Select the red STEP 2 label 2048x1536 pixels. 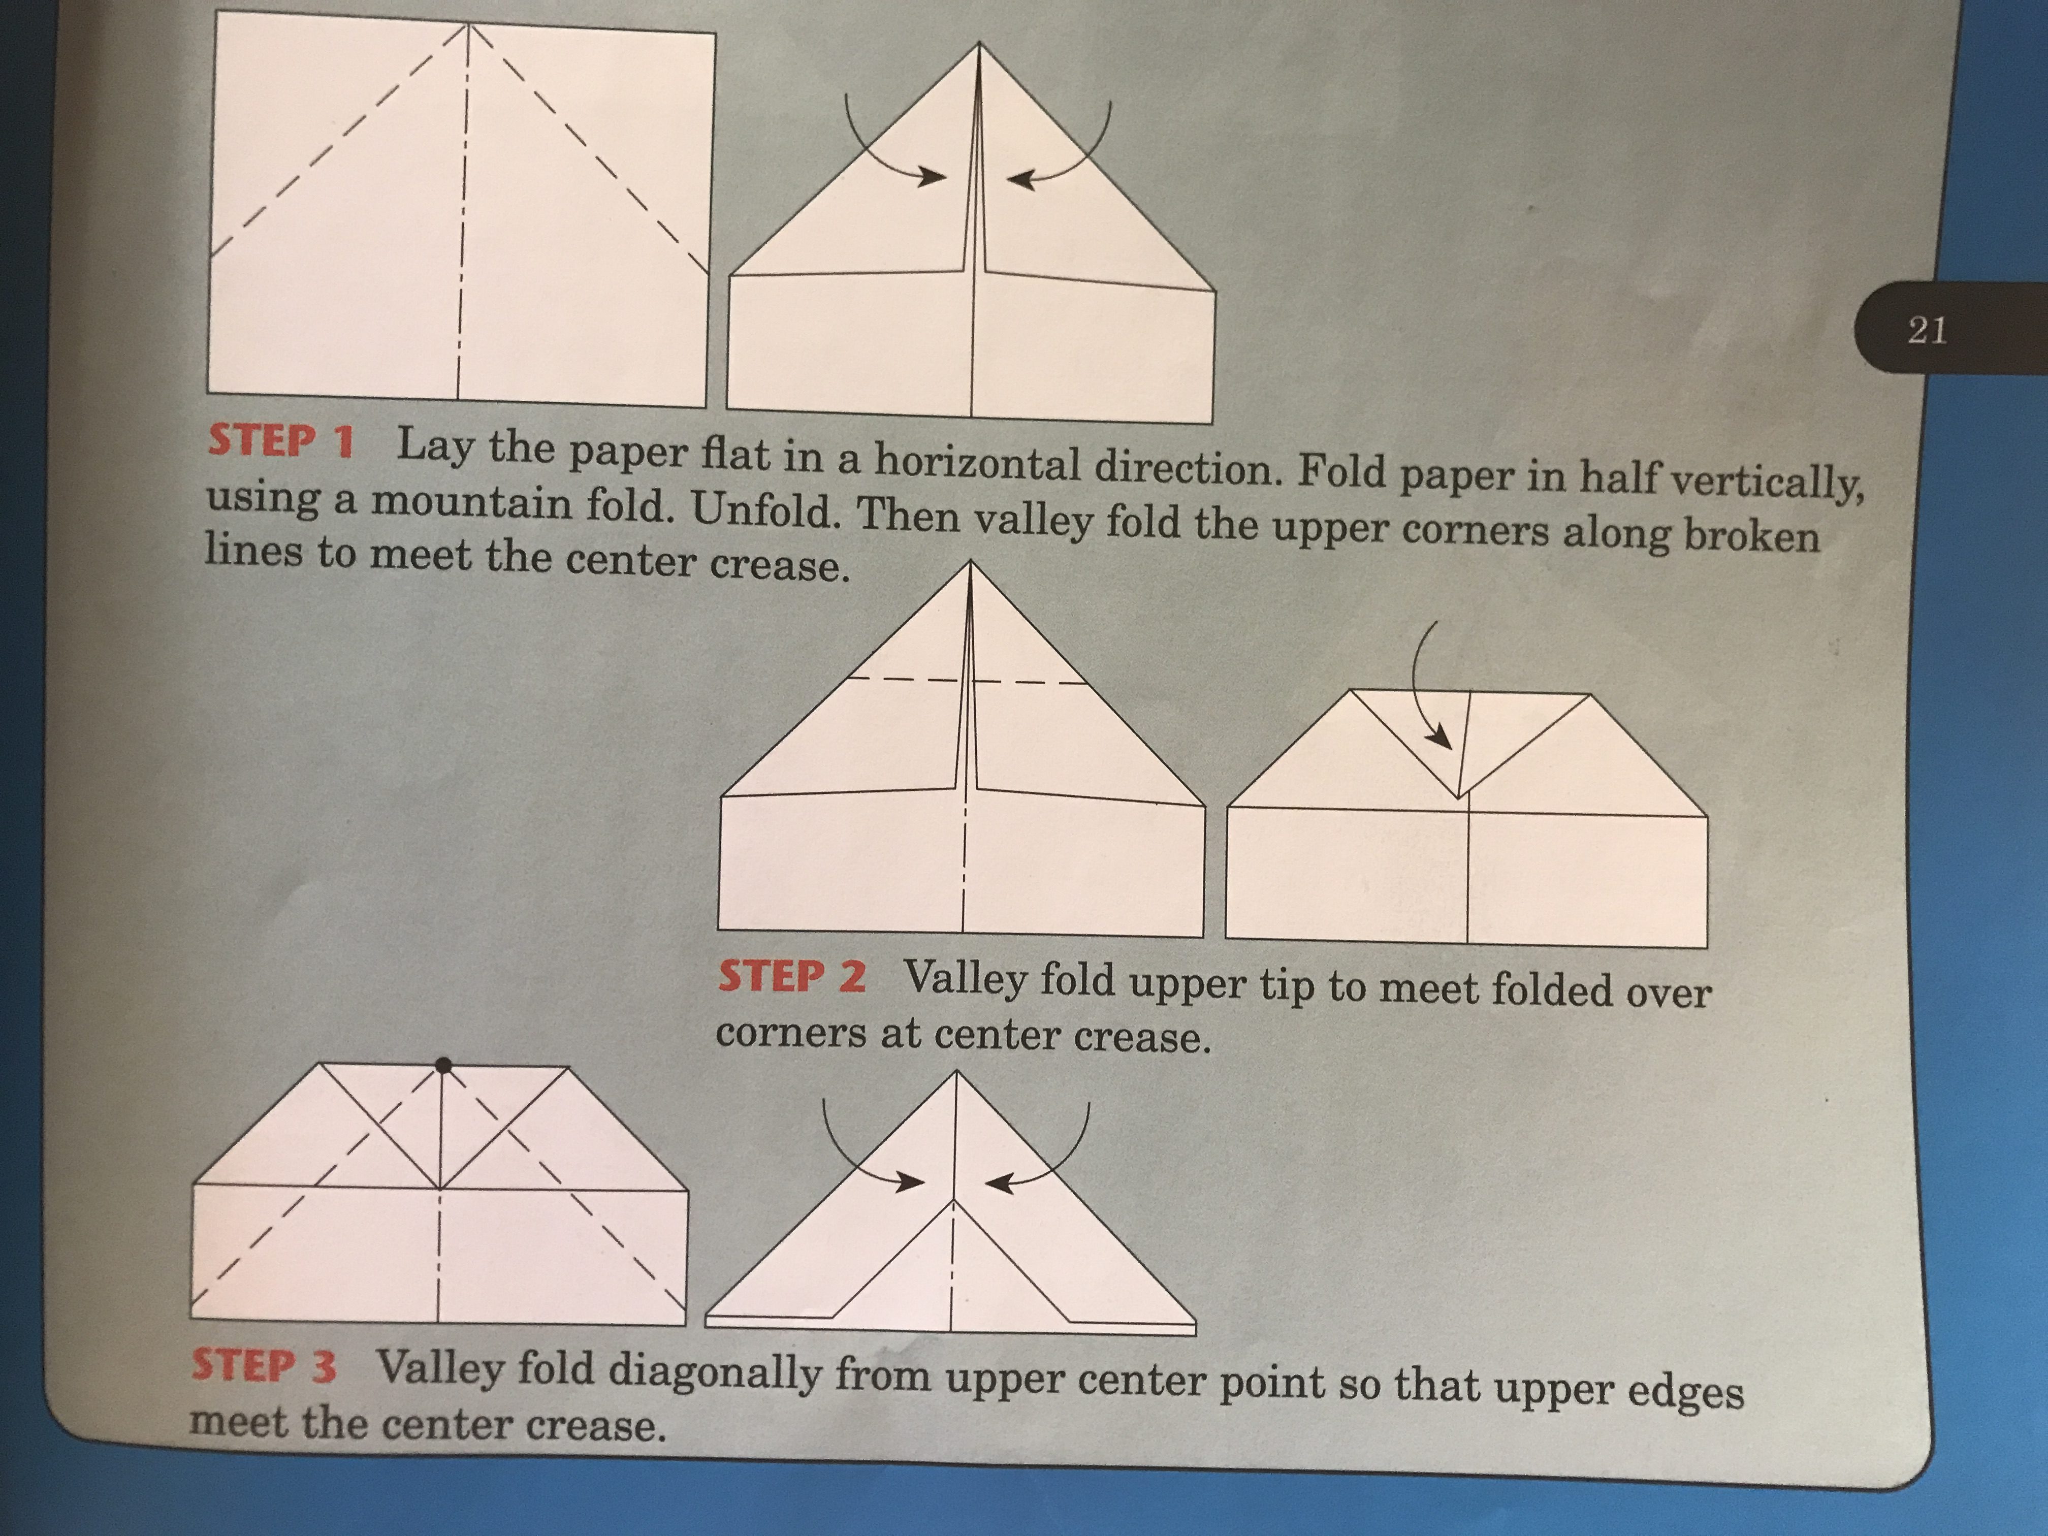(792, 977)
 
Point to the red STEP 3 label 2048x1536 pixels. (264, 1366)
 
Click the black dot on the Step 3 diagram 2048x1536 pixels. (443, 1066)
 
